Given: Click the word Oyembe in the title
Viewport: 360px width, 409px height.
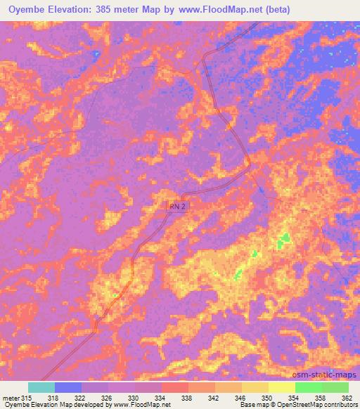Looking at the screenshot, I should pos(26,10).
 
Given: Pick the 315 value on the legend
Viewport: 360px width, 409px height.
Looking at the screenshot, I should pos(27,396).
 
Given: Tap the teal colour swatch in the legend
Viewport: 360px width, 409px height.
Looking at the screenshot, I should pos(41,387).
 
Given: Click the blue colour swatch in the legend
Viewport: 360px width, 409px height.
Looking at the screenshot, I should pos(67,387).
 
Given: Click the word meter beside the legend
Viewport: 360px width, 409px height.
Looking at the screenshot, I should pos(9,396).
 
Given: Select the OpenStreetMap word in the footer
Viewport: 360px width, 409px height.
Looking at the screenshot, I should pos(291,405).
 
